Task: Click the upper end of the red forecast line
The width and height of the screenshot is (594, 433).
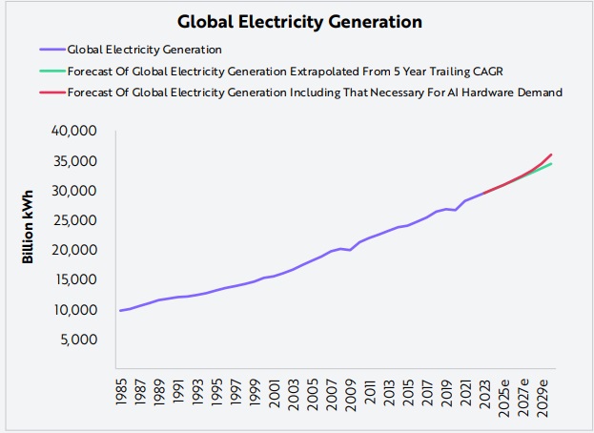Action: coord(552,154)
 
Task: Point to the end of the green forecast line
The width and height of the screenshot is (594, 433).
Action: coord(552,164)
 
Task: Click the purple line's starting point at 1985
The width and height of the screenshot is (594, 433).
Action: coord(120,310)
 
